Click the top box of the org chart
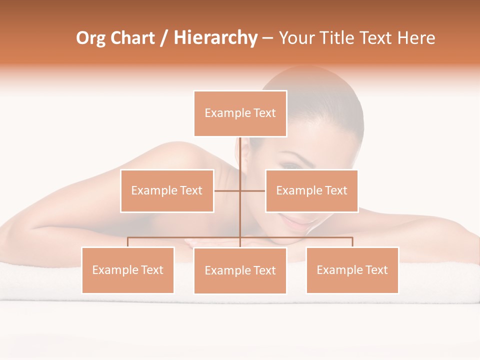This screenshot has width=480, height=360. point(240,113)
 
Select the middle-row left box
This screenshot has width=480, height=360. point(167,190)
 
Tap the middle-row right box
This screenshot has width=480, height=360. point(311,190)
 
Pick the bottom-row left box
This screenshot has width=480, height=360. point(127,270)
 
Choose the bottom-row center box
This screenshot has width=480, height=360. point(240,270)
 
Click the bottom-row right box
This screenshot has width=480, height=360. point(352,270)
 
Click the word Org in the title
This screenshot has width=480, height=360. point(91,38)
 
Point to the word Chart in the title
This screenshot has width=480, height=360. point(132,38)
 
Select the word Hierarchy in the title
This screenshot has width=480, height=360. point(215,38)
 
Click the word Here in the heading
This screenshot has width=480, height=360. point(416,38)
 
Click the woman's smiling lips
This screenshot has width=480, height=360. point(296,220)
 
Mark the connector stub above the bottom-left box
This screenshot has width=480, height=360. point(127,242)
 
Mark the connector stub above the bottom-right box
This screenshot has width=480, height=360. point(352,242)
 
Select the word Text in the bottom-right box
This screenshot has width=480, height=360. point(376,270)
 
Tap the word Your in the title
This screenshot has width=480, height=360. point(295,38)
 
